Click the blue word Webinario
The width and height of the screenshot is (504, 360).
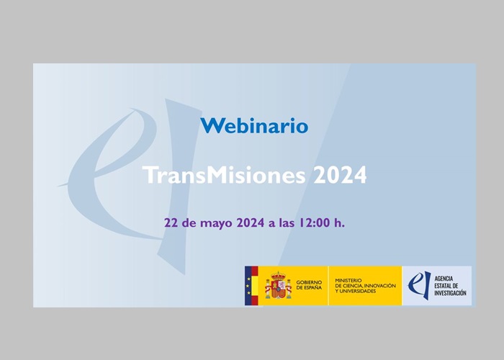pyautogui.click(x=254, y=125)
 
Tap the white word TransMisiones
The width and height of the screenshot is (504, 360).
pyautogui.click(x=224, y=175)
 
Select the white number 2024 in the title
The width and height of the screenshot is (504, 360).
pyautogui.click(x=340, y=175)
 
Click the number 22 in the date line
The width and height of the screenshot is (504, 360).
pyautogui.click(x=171, y=222)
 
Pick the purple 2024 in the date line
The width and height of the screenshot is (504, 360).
pyautogui.click(x=251, y=222)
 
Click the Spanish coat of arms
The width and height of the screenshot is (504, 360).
pyautogui.click(x=278, y=285)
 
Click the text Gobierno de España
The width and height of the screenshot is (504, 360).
pyautogui.click(x=309, y=285)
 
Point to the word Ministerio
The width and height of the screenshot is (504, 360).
pyautogui.click(x=348, y=280)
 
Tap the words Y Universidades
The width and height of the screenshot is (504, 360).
pyautogui.click(x=355, y=291)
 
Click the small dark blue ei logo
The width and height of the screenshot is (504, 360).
pyautogui.click(x=420, y=285)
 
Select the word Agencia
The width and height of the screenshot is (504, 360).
pyautogui.click(x=444, y=279)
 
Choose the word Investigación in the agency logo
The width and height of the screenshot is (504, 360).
pyautogui.click(x=450, y=293)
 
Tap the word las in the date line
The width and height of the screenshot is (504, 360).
pyautogui.click(x=287, y=222)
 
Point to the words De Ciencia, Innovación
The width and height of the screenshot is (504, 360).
pyautogui.click(x=365, y=286)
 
